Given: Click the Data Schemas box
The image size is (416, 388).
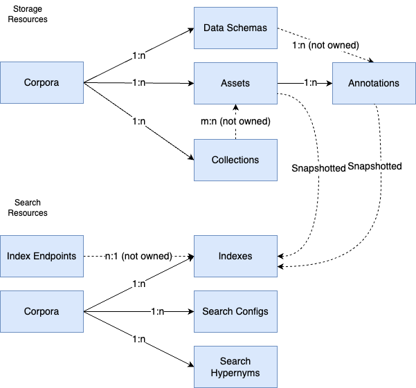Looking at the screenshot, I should coord(235,28).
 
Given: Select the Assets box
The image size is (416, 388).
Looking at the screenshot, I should coord(235,83).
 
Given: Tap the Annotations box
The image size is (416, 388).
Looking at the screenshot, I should coord(374,83).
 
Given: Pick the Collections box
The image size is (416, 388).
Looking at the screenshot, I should coord(235,160).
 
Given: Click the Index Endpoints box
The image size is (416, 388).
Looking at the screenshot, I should coord(42,256).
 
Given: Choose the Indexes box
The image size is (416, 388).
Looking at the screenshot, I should coord(235,256).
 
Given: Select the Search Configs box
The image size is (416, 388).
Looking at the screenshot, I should coord(235,311).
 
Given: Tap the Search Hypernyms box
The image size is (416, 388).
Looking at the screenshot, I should coord(235,367).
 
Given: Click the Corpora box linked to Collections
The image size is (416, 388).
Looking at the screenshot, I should coord(42,83).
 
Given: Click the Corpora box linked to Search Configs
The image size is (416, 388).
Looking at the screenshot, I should coord(42,311).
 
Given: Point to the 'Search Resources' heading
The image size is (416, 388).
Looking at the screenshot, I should coord(28,207).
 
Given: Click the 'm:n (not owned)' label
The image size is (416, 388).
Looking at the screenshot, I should coord(235,121).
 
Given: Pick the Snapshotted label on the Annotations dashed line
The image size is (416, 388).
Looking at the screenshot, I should coord(374,167).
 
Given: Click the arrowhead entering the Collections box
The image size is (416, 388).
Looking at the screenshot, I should coord(190,158).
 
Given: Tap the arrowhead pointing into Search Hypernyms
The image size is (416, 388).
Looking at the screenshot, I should coord(190,365).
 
